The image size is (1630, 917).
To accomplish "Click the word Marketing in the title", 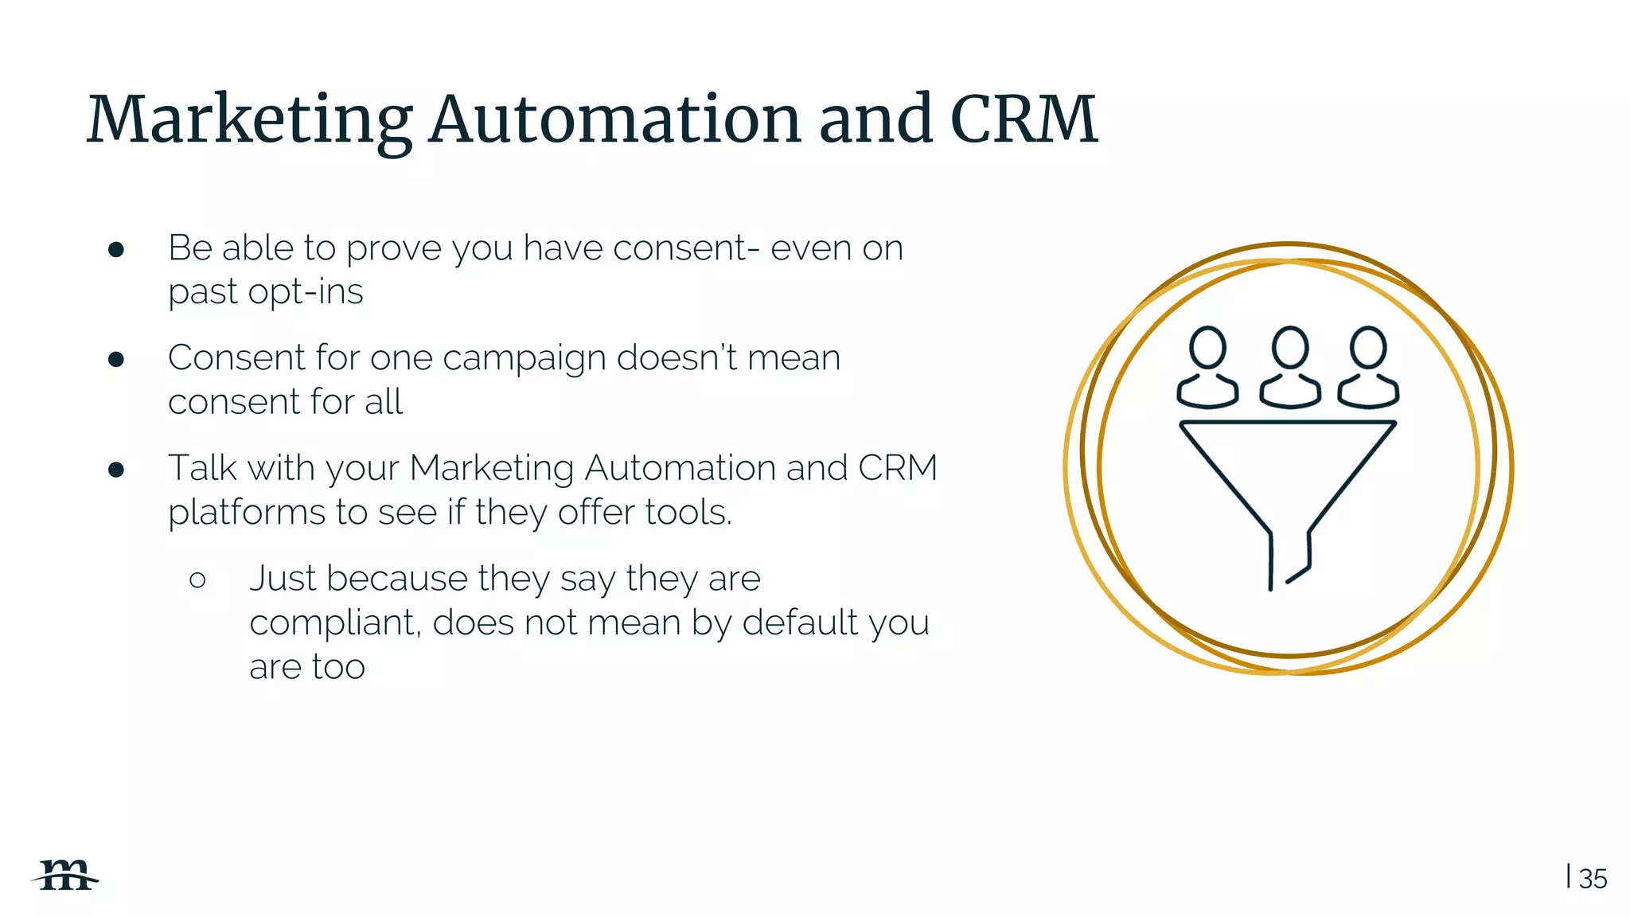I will click(249, 121).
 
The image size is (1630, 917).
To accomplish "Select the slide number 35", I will click(1593, 879).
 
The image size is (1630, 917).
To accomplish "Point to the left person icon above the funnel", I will click(1207, 367).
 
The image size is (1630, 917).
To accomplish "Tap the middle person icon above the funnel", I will click(1289, 367).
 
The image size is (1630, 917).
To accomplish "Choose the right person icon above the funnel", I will click(1368, 367).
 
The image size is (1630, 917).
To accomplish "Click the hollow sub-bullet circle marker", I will click(198, 579).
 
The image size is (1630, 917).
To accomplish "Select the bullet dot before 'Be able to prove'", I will click(116, 250).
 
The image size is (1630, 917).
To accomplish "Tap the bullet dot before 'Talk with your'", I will click(116, 470).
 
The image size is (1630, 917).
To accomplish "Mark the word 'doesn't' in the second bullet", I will click(677, 357).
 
